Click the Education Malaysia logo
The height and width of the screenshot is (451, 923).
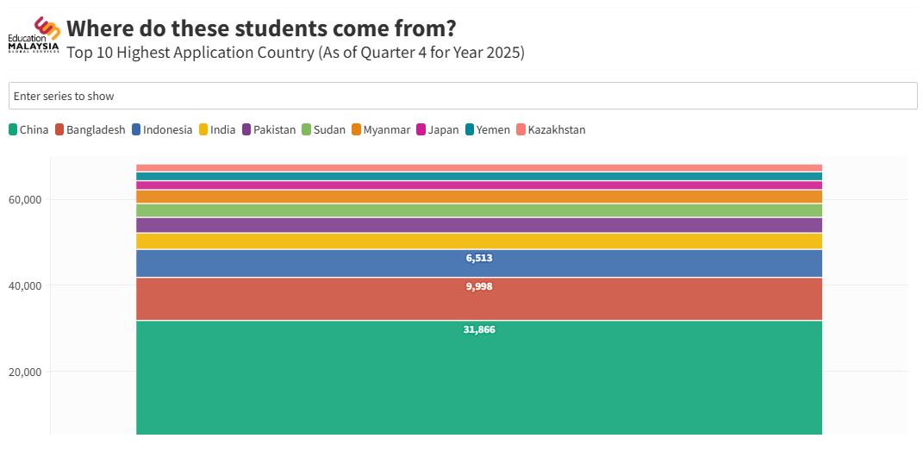point(34,35)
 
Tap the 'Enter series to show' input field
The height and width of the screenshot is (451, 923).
point(462,96)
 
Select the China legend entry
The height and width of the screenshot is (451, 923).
point(28,130)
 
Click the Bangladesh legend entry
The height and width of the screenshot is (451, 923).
point(90,130)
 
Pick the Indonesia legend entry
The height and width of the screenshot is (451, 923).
point(161,130)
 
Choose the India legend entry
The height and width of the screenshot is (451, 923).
point(217,130)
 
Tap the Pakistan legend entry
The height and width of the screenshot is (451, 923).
point(269,130)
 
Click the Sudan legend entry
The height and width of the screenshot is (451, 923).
point(323,130)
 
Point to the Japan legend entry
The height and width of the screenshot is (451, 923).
point(438,130)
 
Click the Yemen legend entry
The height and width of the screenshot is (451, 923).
point(488,130)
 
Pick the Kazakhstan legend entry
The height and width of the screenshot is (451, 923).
point(551,130)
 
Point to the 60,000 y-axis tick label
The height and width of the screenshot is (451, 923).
point(25,200)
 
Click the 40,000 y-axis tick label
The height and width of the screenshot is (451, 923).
point(25,286)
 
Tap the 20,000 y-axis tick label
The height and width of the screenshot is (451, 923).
point(25,373)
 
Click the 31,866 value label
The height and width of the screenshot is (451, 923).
point(479,329)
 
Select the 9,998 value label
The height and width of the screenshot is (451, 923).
point(479,286)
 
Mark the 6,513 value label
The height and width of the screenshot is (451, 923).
point(479,258)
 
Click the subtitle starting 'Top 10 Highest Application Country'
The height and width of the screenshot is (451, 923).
point(296,53)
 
